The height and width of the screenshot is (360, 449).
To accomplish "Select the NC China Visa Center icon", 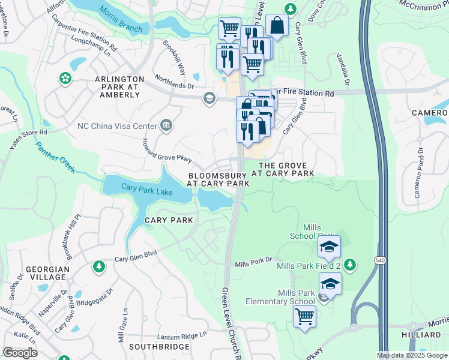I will (x=166, y=125).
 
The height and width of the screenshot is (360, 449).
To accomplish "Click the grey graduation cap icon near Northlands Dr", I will (x=209, y=98).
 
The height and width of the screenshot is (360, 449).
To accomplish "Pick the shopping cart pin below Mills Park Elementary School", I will (x=305, y=316).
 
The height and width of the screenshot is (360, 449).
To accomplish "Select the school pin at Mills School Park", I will (x=329, y=246).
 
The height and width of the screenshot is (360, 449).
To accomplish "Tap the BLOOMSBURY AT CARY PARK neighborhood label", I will (x=218, y=180).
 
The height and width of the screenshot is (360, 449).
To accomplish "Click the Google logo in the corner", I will (x=20, y=353).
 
